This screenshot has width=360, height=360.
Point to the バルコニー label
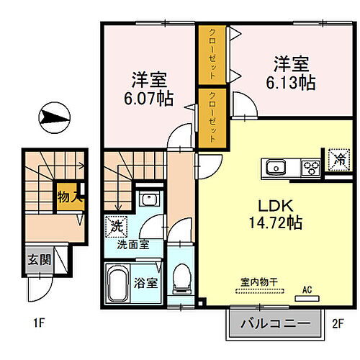tap(276, 323)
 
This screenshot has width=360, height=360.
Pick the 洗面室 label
tap(134, 245)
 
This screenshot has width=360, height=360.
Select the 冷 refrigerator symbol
tap(337, 158)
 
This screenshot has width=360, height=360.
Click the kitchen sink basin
tap(276, 168)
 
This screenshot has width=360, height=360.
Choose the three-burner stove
tap(310, 168)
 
